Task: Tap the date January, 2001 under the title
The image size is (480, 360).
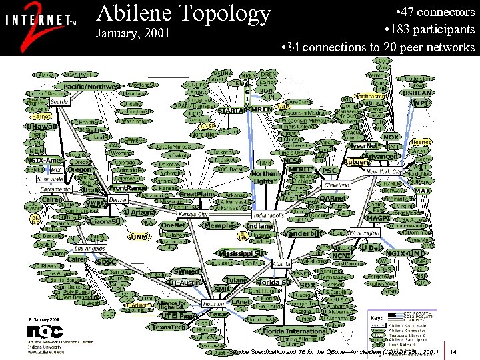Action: point(133,33)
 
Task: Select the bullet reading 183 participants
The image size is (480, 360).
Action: point(429,29)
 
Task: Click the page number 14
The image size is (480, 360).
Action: point(454,351)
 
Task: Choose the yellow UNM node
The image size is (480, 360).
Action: point(139,237)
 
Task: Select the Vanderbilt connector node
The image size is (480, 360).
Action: point(304,233)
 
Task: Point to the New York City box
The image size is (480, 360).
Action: point(385,171)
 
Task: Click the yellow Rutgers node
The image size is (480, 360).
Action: point(357,162)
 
